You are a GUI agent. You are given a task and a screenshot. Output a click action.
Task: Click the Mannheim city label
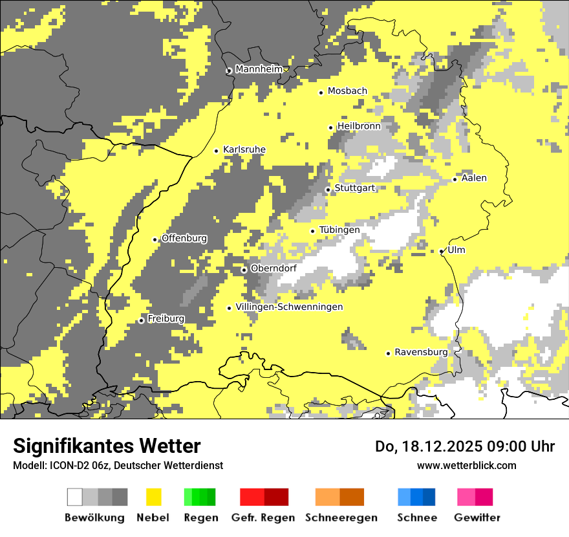click(259, 69)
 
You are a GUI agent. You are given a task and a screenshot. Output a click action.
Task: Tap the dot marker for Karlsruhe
click(217, 151)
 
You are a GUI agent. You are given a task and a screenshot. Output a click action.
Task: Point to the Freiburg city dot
click(141, 320)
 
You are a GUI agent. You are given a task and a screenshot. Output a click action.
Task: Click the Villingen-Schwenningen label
click(289, 307)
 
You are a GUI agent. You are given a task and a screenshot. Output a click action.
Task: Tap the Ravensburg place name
click(421, 353)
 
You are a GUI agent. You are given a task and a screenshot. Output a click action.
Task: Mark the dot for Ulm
click(442, 251)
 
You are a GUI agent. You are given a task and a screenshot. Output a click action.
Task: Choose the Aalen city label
click(474, 178)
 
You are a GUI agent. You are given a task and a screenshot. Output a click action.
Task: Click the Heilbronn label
click(359, 126)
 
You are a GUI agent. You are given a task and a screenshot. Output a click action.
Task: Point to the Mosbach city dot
click(321, 93)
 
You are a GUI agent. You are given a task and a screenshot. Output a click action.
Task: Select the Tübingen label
click(339, 230)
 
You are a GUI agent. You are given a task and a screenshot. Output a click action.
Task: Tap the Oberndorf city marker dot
click(244, 270)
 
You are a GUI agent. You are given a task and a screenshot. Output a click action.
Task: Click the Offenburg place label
click(184, 238)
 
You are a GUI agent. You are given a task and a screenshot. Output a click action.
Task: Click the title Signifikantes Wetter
click(107, 446)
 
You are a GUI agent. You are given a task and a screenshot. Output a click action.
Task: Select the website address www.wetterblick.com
click(466, 465)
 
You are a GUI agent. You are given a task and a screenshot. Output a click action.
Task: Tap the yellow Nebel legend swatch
click(153, 497)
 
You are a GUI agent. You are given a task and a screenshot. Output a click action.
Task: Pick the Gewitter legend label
click(477, 518)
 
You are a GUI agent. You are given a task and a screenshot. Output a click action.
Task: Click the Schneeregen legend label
click(341, 518)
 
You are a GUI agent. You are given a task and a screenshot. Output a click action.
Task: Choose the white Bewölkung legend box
click(75, 497)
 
